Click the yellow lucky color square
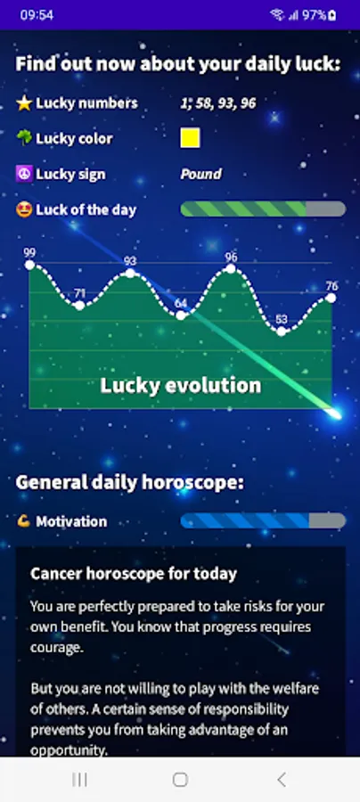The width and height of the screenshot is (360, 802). [190, 138]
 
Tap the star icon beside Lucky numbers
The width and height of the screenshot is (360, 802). [24, 103]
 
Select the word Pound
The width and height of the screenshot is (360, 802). [201, 174]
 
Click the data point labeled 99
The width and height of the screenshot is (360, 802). [29, 265]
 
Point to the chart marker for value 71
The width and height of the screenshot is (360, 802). [79, 306]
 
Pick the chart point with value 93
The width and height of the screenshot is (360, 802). [130, 274]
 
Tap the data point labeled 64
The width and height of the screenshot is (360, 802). [181, 315]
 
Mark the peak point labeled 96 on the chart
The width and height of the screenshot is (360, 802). [231, 268]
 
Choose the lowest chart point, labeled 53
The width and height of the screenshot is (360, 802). [282, 331]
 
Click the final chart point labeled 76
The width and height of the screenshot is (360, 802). [331, 298]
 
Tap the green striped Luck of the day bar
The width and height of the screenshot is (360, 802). [263, 209]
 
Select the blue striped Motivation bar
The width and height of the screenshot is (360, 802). [263, 520]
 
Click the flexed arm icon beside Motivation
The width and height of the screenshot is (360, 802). [23, 521]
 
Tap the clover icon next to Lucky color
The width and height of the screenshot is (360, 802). [24, 138]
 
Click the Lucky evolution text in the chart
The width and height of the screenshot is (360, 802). [181, 386]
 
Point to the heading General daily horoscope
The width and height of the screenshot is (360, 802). [130, 482]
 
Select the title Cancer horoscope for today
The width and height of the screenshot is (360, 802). [134, 574]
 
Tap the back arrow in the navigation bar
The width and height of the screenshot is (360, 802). [282, 780]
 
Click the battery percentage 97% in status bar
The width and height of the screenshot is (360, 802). [314, 15]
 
